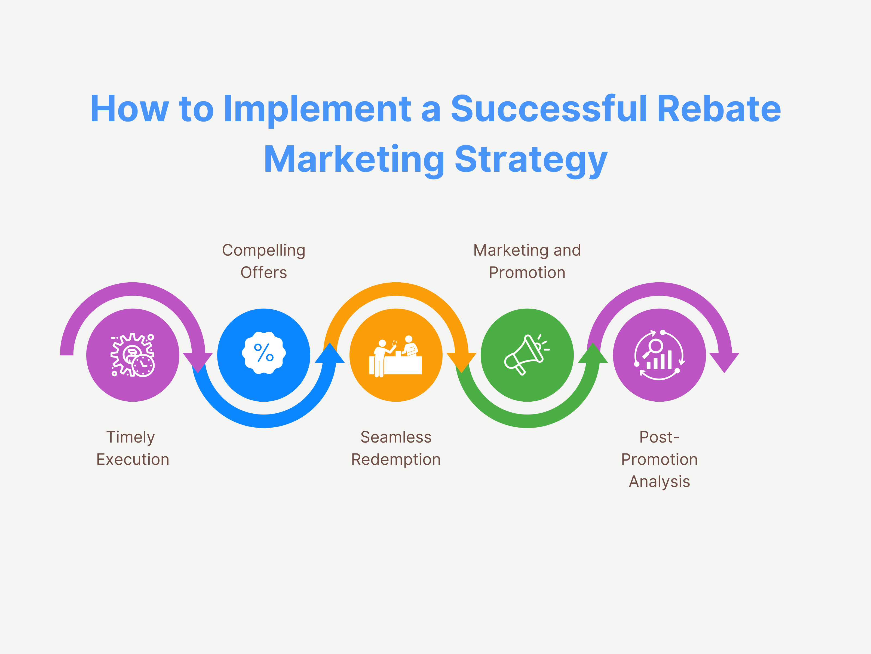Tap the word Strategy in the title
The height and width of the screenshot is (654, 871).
(x=531, y=160)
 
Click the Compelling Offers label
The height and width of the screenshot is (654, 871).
(x=263, y=261)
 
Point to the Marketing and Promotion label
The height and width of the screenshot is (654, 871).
(x=527, y=261)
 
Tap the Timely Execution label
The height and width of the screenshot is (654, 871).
(x=132, y=448)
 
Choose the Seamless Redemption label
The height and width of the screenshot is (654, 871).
(x=396, y=448)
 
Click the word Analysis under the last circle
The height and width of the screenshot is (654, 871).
(x=659, y=481)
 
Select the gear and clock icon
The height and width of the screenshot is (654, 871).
(x=132, y=355)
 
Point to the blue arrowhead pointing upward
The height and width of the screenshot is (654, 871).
(x=330, y=354)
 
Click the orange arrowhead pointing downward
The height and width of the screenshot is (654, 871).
(x=461, y=362)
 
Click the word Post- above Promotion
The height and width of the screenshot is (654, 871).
(x=659, y=437)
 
